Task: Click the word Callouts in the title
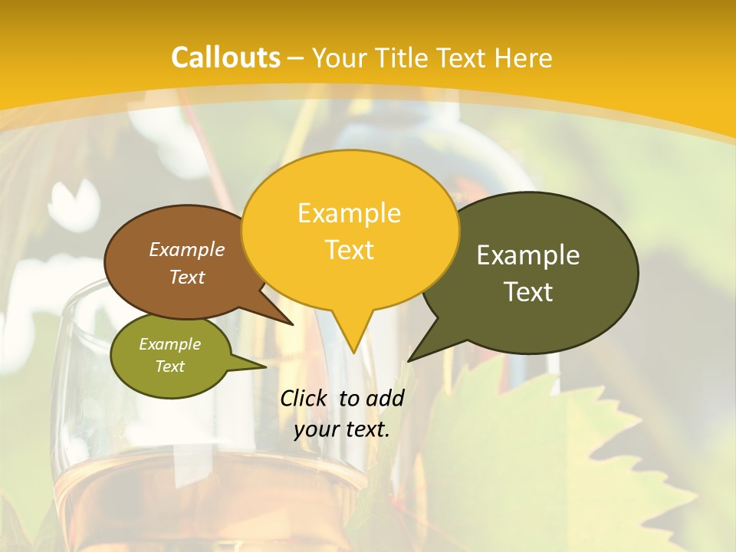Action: pos(225,58)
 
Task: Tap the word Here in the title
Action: pos(524,58)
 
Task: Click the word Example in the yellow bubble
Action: pos(350,212)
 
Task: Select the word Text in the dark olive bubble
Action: pos(528,292)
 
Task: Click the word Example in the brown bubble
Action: pos(187,249)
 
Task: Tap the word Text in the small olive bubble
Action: pos(170,366)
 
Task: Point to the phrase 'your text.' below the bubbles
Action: pos(342,429)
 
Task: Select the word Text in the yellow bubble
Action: pos(350,250)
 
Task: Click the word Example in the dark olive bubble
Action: pos(528,255)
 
